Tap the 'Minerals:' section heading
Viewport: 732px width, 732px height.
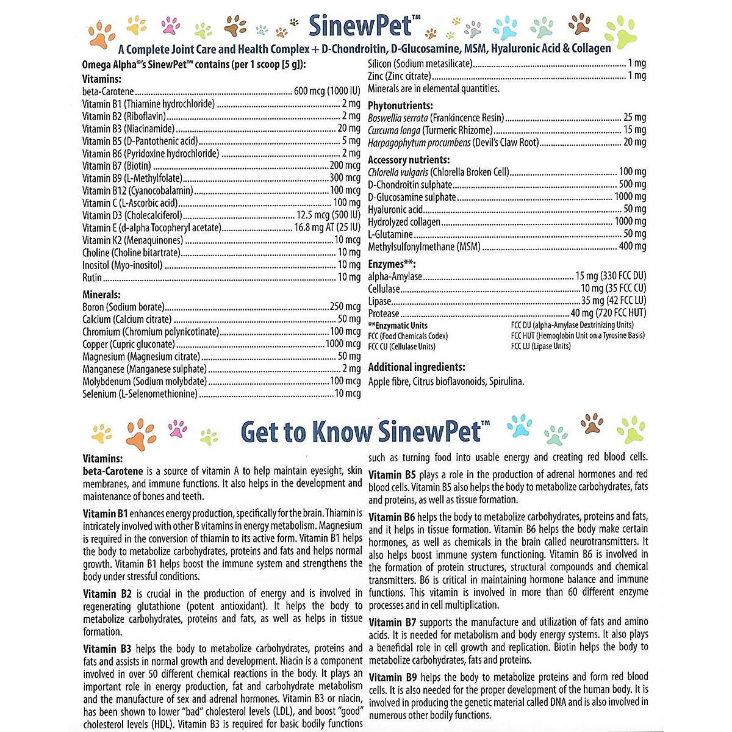(x=101, y=295)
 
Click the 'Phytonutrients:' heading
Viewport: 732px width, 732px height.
(x=400, y=106)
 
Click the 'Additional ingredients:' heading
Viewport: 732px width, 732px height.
(x=417, y=367)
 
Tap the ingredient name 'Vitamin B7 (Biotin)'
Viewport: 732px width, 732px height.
(x=117, y=166)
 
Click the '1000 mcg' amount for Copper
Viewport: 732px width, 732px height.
(x=343, y=344)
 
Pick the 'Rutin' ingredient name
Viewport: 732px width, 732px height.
(x=92, y=278)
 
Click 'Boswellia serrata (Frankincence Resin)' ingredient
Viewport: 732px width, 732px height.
(x=436, y=117)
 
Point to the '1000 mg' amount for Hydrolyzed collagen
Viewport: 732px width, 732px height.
(x=630, y=221)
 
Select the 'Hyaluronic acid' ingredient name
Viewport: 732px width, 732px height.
(x=395, y=209)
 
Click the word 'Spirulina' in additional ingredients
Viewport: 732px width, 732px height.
(x=506, y=382)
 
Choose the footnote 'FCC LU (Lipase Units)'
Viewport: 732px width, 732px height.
(x=540, y=346)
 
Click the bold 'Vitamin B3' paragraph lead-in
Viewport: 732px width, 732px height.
(x=107, y=648)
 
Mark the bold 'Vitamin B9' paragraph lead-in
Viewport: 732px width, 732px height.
(x=393, y=677)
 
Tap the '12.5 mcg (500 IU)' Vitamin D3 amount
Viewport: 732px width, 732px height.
(x=328, y=215)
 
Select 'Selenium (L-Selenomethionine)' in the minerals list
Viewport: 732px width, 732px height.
(x=140, y=394)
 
